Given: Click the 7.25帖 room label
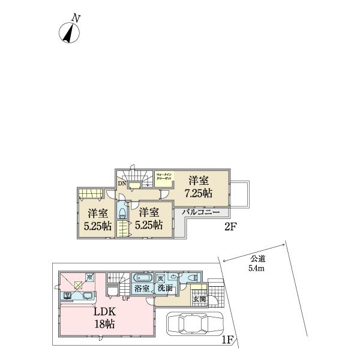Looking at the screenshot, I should click(x=199, y=187).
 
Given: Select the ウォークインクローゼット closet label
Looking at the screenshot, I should click(x=164, y=177).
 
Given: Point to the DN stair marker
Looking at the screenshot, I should click(x=122, y=184).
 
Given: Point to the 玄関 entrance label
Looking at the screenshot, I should click(x=198, y=299).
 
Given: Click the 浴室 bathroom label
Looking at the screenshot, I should click(x=142, y=289).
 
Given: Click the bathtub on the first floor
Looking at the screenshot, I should click(x=142, y=278).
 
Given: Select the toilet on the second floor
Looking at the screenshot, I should click(x=122, y=212).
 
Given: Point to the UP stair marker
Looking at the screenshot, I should click(x=125, y=298).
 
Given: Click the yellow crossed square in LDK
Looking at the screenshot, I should click(x=78, y=286).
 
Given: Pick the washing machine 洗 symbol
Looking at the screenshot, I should click(x=161, y=278).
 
